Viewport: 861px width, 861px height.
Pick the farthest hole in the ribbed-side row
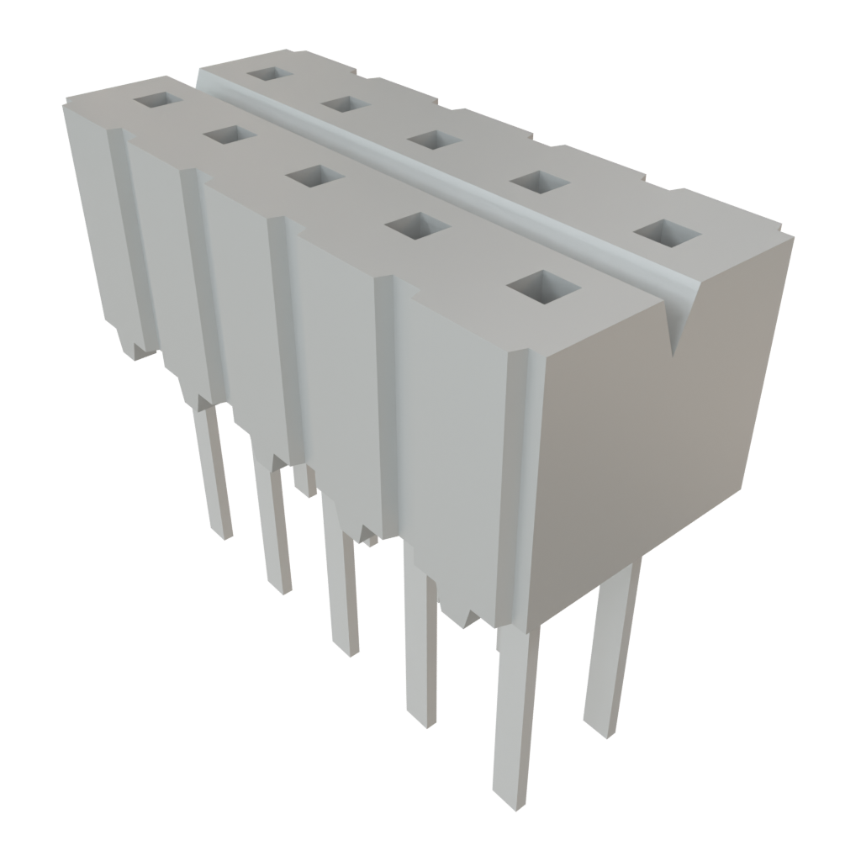[x=159, y=100]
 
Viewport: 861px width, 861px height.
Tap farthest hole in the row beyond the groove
[x=269, y=73]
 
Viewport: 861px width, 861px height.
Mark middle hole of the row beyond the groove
[x=435, y=140]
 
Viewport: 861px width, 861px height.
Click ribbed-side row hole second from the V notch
[x=418, y=225]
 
